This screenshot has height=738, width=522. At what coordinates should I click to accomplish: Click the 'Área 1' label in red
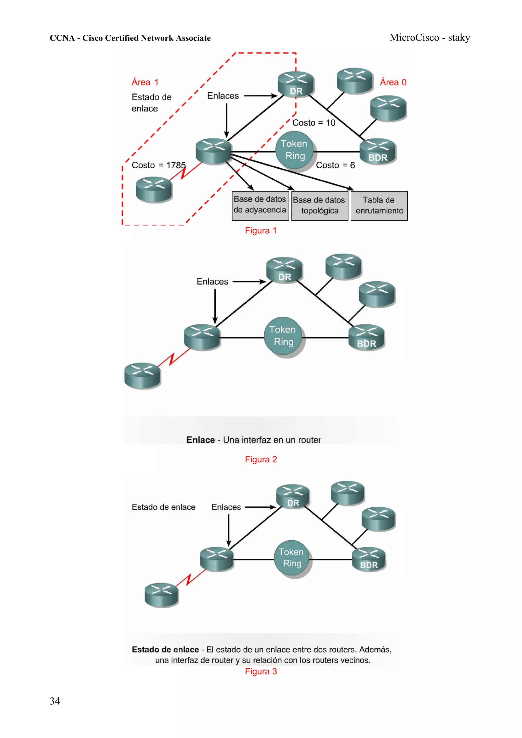point(145,82)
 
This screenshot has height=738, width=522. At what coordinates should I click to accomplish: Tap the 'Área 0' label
point(393,82)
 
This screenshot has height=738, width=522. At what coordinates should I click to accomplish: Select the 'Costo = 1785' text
point(159,165)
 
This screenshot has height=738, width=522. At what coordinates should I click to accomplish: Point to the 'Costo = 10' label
point(313,123)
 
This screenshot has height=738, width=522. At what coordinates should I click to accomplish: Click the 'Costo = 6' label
point(335,165)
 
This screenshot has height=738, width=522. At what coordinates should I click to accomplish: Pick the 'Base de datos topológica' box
point(319,206)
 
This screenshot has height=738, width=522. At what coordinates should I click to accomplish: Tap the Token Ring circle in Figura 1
point(294,150)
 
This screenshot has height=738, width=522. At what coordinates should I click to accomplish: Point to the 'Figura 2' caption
point(260,459)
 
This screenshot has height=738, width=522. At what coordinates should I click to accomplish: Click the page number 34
point(55,701)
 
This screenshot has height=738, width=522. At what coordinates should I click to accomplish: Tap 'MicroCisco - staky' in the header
point(429,38)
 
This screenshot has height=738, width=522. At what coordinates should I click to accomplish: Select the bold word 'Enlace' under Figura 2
point(200,440)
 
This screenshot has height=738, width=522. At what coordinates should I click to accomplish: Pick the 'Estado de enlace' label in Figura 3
point(163,507)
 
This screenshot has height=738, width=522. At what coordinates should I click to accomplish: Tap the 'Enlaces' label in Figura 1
point(223,96)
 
